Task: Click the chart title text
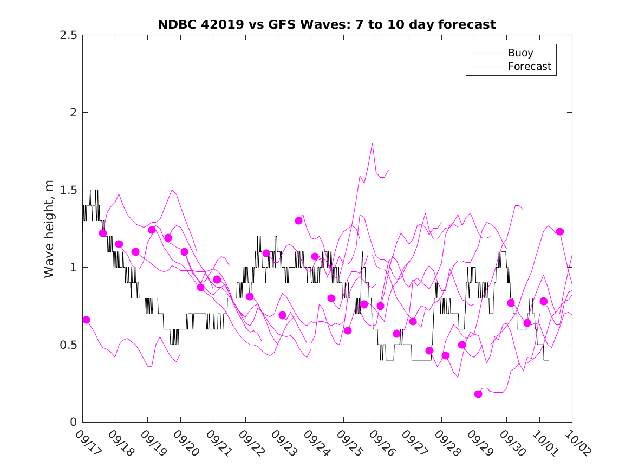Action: tap(327, 24)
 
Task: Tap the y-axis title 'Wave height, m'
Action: tap(49, 229)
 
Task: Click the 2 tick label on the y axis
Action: tap(74, 113)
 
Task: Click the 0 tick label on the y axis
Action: tap(74, 423)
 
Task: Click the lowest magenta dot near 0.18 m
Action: tap(478, 394)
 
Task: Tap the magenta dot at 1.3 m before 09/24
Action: tap(298, 220)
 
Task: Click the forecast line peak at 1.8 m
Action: tap(372, 144)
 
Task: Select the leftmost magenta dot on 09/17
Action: tap(86, 320)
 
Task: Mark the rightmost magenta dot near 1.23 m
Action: tap(560, 231)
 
